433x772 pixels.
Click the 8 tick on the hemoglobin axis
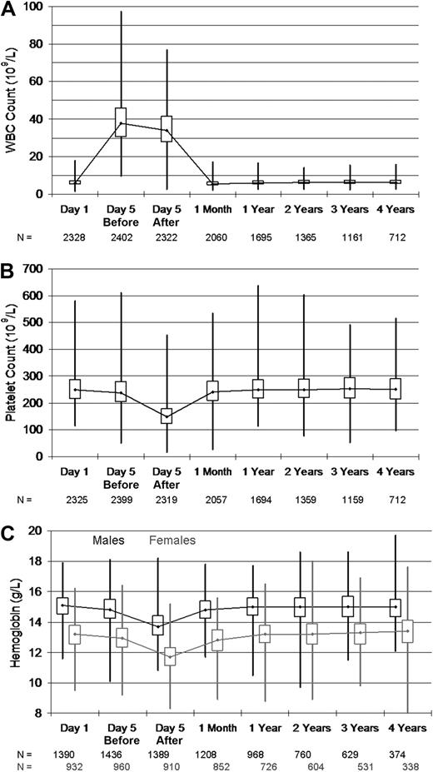tap(39, 713)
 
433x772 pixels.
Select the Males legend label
tap(107, 540)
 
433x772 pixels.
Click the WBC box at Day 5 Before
tap(121, 122)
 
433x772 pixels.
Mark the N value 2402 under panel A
tap(121, 238)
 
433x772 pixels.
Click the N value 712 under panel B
tap(395, 501)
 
